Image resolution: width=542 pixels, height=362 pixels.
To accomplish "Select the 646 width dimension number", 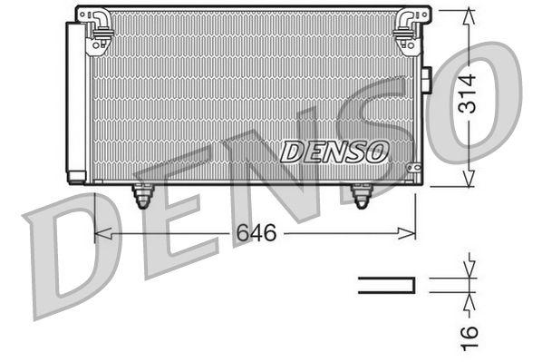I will (x=256, y=233).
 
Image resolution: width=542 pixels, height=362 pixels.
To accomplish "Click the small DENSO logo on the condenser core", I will (x=334, y=151).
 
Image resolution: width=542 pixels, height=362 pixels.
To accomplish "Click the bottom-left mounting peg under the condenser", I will (x=142, y=196).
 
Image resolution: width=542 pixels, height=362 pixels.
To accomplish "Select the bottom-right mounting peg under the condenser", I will (x=362, y=196).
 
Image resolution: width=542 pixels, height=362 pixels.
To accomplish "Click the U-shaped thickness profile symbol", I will (x=387, y=286).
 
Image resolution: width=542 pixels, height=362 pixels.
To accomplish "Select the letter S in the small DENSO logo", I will (x=356, y=151).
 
